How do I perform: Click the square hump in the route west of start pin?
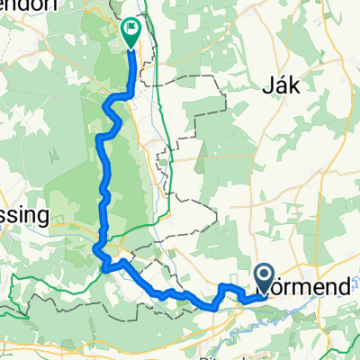[227, 288]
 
